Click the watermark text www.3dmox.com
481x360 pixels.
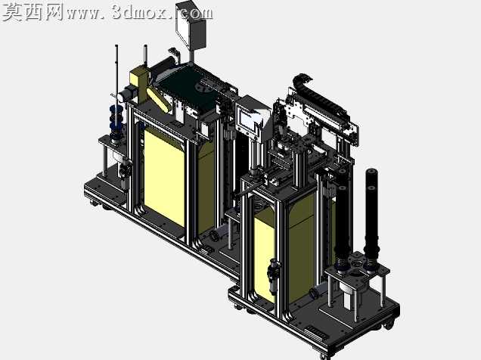[x=140, y=13]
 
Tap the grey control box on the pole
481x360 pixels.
[x=191, y=25]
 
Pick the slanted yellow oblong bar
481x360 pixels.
[x=158, y=98]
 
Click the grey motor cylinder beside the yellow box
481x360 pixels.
[x=124, y=95]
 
